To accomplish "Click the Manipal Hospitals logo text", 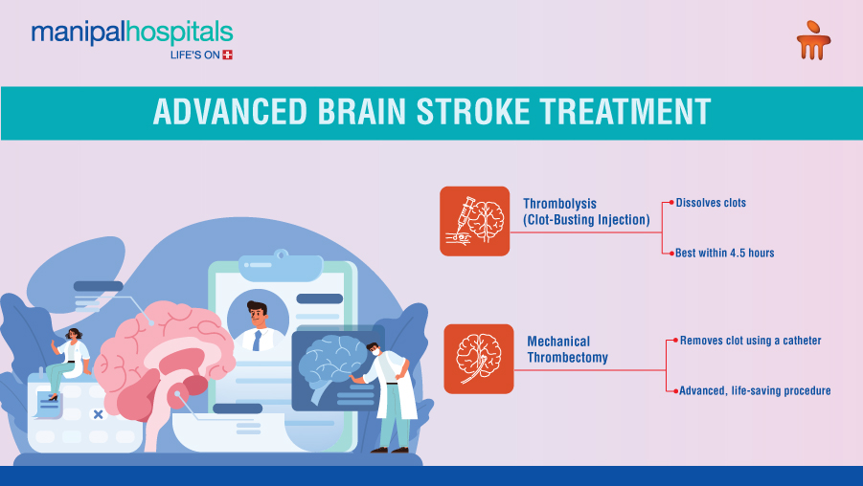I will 131,32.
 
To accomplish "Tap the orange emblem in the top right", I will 813,39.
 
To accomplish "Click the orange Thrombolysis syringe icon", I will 474,221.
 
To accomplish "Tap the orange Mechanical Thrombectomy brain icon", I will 478,359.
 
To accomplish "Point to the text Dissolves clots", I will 710,203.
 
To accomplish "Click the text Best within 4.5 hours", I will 724,253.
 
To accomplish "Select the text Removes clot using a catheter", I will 750,341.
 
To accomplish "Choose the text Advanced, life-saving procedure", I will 754,390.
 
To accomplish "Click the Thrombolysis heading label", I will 585,211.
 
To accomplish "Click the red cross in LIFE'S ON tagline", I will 227,55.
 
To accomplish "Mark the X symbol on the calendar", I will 98,414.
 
